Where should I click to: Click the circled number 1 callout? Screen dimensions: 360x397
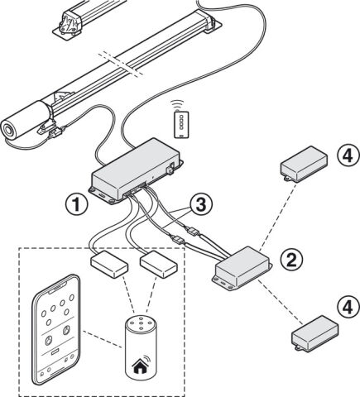(x=76, y=205)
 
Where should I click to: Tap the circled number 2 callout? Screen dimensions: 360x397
(x=292, y=260)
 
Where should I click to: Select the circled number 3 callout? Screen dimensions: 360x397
(x=201, y=205)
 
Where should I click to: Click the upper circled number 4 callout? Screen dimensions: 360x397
(x=348, y=156)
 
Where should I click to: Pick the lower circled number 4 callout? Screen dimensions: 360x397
(x=348, y=307)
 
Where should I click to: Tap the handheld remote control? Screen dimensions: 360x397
(x=181, y=124)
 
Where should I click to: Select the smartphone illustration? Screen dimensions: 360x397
(x=56, y=329)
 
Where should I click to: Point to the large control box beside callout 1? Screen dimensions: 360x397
(x=136, y=170)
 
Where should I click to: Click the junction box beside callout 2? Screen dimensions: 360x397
(x=242, y=268)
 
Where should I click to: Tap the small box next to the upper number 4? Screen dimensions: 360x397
(x=304, y=164)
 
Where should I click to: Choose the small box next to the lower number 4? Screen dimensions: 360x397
(x=315, y=333)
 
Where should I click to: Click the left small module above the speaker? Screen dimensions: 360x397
(x=109, y=264)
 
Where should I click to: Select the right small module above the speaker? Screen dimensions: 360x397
(x=159, y=264)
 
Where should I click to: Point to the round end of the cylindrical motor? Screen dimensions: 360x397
(x=8, y=130)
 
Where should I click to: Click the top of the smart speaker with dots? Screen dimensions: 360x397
(x=141, y=323)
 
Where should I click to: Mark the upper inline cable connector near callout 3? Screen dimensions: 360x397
(x=191, y=230)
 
